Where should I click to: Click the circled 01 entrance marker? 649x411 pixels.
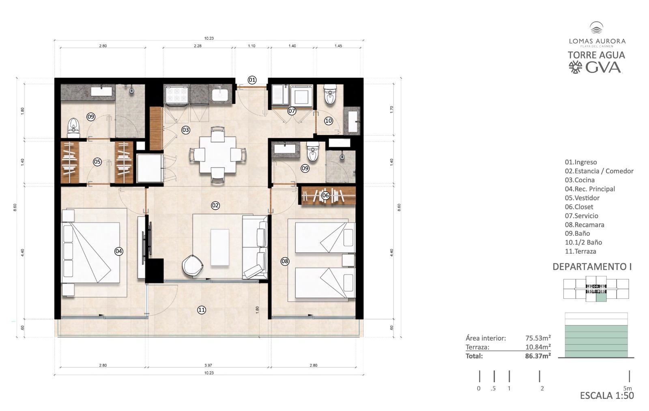pos(252,80)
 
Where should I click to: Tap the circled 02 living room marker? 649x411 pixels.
pos(215,206)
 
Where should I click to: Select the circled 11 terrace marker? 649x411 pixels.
pos(202,310)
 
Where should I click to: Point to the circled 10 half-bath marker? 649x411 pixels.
pos(328,121)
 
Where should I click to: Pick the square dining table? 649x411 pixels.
pos(217,155)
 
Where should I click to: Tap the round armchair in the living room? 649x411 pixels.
pos(192,265)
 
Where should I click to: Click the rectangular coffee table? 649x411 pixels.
pos(220,247)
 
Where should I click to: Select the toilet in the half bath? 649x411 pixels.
pos(330,94)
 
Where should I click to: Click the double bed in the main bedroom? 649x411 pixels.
pos(90,253)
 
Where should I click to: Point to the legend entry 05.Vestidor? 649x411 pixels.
pos(582,198)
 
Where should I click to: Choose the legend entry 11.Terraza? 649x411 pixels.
pos(580,251)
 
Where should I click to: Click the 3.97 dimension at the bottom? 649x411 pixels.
pos(208,365)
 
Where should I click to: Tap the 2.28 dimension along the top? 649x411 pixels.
pos(198,46)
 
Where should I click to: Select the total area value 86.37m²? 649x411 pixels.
pos(538,356)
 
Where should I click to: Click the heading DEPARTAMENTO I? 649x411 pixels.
pos(592,267)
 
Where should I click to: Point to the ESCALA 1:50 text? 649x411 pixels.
pos(607,395)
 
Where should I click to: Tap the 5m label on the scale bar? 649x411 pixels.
pos(627,388)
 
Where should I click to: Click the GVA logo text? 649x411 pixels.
pos(603,68)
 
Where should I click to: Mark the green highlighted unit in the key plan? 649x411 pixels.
pos(601,297)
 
